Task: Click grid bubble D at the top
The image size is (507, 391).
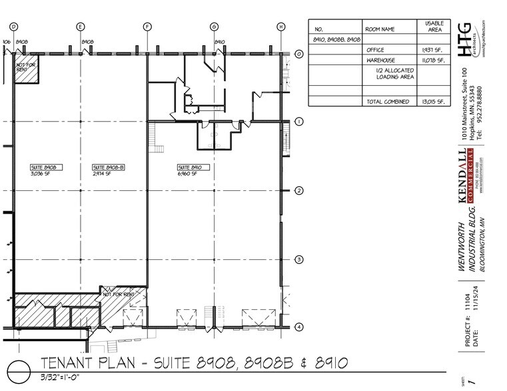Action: (x=13, y=27)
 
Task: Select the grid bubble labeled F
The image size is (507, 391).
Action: (x=147, y=27)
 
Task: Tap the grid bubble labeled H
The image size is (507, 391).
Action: (x=280, y=27)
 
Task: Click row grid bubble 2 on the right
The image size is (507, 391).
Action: (x=299, y=191)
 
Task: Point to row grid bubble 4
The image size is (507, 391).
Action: (x=299, y=327)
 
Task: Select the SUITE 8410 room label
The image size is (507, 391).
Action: (x=189, y=168)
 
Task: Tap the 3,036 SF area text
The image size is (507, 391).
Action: (x=41, y=174)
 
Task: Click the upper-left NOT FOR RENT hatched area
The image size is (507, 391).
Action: (x=27, y=69)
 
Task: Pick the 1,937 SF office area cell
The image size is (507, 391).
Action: (x=429, y=50)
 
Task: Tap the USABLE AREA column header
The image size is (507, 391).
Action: (x=429, y=27)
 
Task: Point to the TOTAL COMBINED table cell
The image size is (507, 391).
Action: (x=386, y=102)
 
